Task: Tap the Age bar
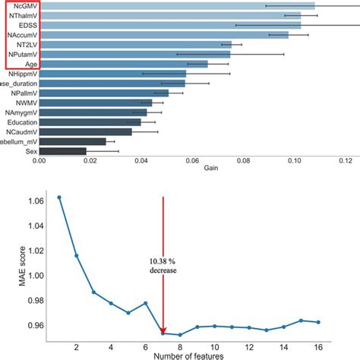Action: (122, 64)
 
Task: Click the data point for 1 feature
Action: (59, 197)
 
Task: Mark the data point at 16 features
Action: (317, 322)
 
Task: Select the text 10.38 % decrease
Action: (163, 266)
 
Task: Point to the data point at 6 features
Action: (145, 303)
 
